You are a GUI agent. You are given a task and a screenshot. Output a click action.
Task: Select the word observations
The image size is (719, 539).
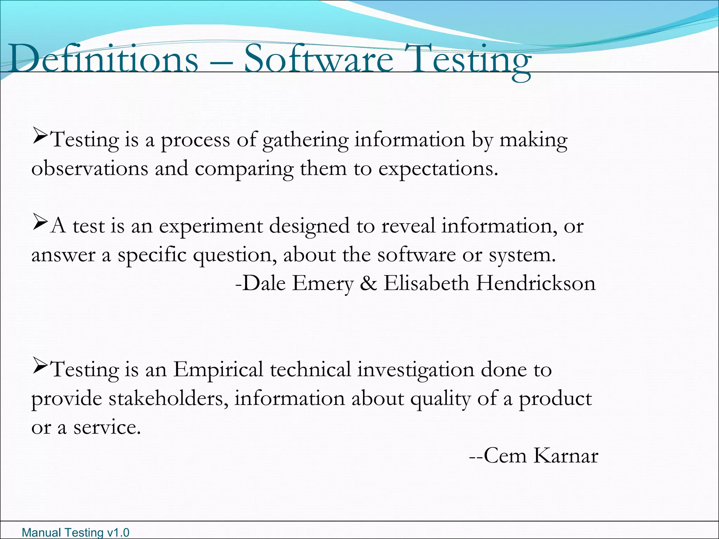pos(90,168)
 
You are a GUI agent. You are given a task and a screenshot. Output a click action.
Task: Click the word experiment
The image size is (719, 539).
pos(211,227)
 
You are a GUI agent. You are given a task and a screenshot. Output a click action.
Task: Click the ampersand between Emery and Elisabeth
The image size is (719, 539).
pos(368,283)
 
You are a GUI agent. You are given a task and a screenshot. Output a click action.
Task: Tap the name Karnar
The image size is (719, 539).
pos(566,456)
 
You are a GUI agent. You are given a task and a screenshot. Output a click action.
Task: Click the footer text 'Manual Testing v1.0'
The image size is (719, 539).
pos(75,532)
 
